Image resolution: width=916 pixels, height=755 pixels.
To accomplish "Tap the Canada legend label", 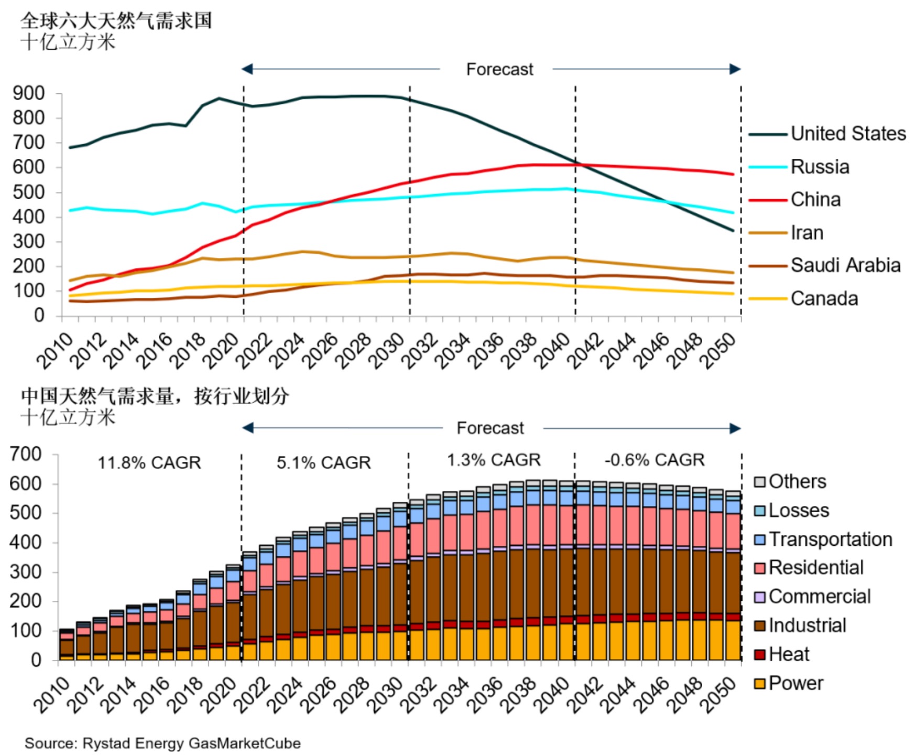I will coord(824,299).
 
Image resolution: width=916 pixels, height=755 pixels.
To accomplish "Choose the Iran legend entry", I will coord(807,232).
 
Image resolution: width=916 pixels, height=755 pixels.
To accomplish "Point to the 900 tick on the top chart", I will coord(29,94).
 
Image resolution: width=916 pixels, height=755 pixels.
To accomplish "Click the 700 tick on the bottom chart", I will coord(26,454).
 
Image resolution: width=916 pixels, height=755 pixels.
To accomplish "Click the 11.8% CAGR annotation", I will coord(149,463).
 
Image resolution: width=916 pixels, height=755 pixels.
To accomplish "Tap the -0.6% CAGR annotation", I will coord(654,460).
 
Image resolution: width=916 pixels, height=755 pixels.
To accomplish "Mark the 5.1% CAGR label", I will coord(323,463).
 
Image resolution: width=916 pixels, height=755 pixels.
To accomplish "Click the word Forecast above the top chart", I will coord(499,69).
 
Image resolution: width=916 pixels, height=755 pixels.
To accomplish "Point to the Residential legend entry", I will coord(816,568).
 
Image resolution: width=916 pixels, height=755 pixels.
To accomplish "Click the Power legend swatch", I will coord(760,684).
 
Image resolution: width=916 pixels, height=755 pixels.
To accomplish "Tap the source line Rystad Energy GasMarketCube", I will coord(162,743).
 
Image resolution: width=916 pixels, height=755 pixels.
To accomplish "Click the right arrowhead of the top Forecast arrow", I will coord(735,69).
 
